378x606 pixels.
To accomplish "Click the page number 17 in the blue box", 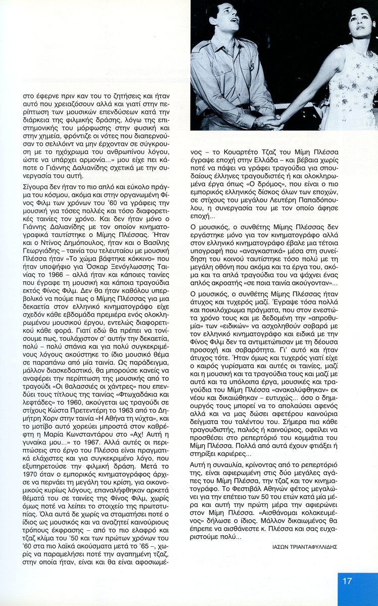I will [x=347, y=581].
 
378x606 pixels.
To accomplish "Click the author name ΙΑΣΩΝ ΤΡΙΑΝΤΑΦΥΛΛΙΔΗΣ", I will [x=301, y=546].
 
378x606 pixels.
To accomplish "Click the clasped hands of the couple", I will [x=266, y=121].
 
